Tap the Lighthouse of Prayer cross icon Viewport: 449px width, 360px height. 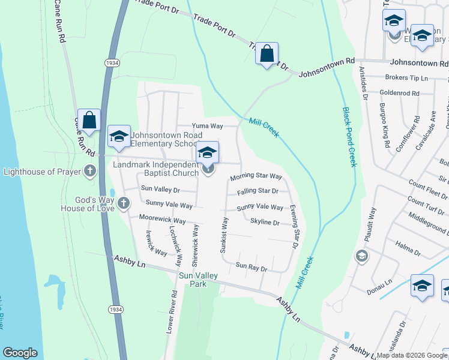click(x=89, y=172)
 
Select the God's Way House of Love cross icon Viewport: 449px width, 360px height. click(x=124, y=203)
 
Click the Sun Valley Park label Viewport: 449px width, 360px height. click(x=199, y=280)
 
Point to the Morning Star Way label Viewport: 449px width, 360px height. click(x=256, y=177)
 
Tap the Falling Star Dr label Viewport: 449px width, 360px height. click(x=258, y=191)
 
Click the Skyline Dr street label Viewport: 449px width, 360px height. click(x=265, y=223)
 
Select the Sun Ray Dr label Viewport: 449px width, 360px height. click(x=251, y=265)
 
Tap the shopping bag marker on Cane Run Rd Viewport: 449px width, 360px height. click(x=89, y=120)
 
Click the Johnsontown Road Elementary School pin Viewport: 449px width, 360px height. click(x=119, y=137)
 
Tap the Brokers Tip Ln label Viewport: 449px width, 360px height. click(x=406, y=78)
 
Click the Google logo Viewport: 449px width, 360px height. click(x=20, y=353)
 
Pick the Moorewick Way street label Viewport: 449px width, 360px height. click(x=162, y=220)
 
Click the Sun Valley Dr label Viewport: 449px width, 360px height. click(x=160, y=188)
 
